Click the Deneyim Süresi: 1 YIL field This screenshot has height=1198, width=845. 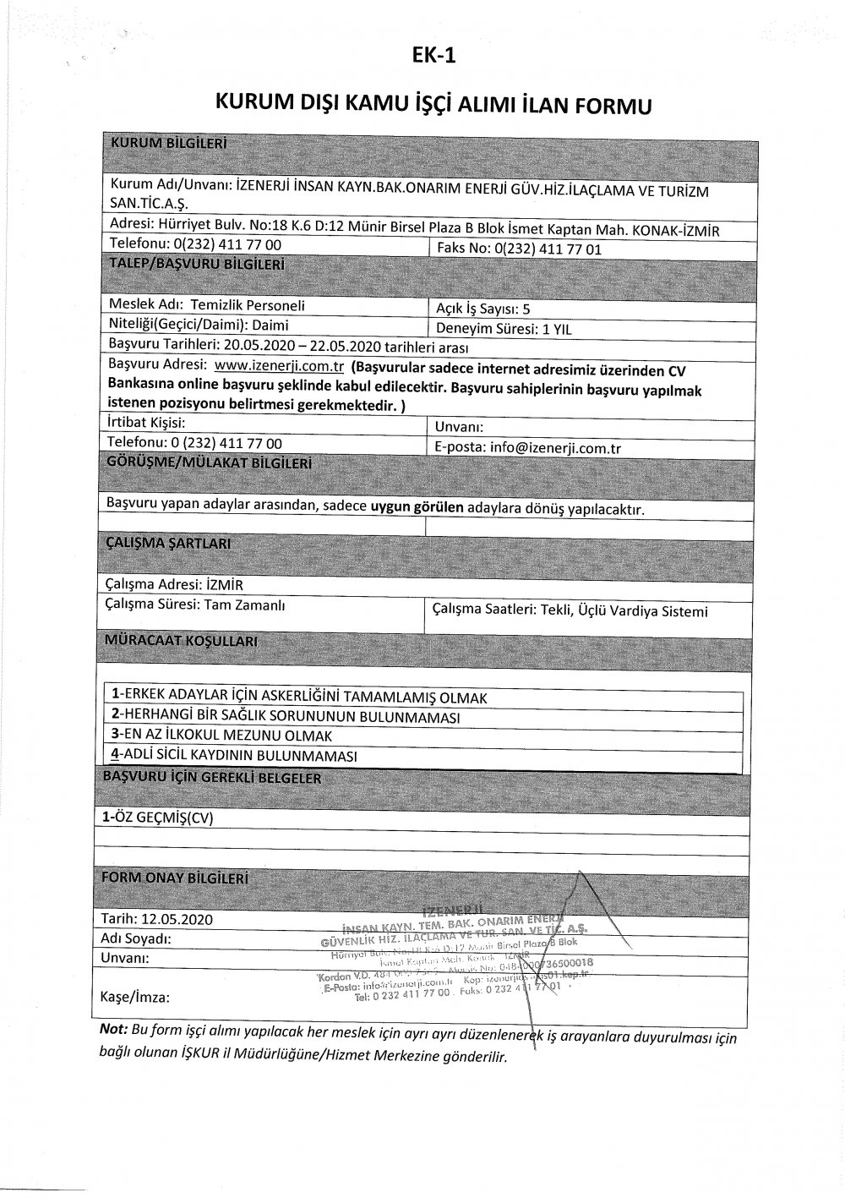pos(504,329)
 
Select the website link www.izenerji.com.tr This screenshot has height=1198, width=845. pos(278,367)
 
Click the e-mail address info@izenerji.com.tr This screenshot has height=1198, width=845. pos(554,448)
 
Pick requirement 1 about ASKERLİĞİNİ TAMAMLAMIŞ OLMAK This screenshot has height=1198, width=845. pos(300,697)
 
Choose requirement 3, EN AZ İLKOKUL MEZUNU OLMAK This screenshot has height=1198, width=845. pos(222,736)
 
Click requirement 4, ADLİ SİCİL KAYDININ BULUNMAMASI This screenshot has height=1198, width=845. pos(235,755)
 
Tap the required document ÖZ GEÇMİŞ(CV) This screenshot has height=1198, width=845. pos(158,818)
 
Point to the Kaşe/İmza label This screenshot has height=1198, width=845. pos(134,997)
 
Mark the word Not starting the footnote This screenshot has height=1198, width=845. pos(112,1029)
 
